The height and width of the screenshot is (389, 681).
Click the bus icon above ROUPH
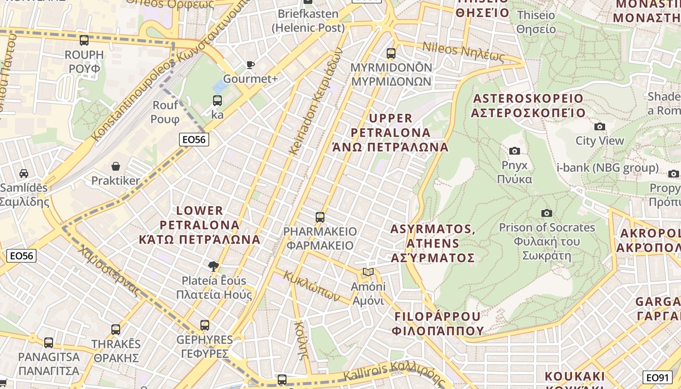click(x=84, y=40)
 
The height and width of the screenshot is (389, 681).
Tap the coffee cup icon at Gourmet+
click(x=250, y=65)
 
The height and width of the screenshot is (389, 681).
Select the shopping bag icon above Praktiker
click(x=116, y=167)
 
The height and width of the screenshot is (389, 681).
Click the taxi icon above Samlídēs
click(x=23, y=174)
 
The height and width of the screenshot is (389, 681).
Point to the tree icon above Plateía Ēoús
click(x=213, y=266)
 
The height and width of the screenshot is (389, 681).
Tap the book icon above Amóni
click(x=368, y=272)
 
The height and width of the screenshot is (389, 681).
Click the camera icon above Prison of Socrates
click(x=547, y=213)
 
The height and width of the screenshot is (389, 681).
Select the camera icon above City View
click(x=600, y=126)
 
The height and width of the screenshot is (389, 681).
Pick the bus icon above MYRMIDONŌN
click(x=391, y=53)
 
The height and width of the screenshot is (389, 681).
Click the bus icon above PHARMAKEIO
click(x=320, y=217)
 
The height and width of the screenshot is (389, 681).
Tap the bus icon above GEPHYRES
click(x=205, y=325)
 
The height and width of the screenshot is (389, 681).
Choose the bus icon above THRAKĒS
click(x=116, y=330)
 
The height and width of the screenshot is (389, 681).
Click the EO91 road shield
click(x=657, y=377)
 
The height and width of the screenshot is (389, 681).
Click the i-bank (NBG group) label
click(x=607, y=168)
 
